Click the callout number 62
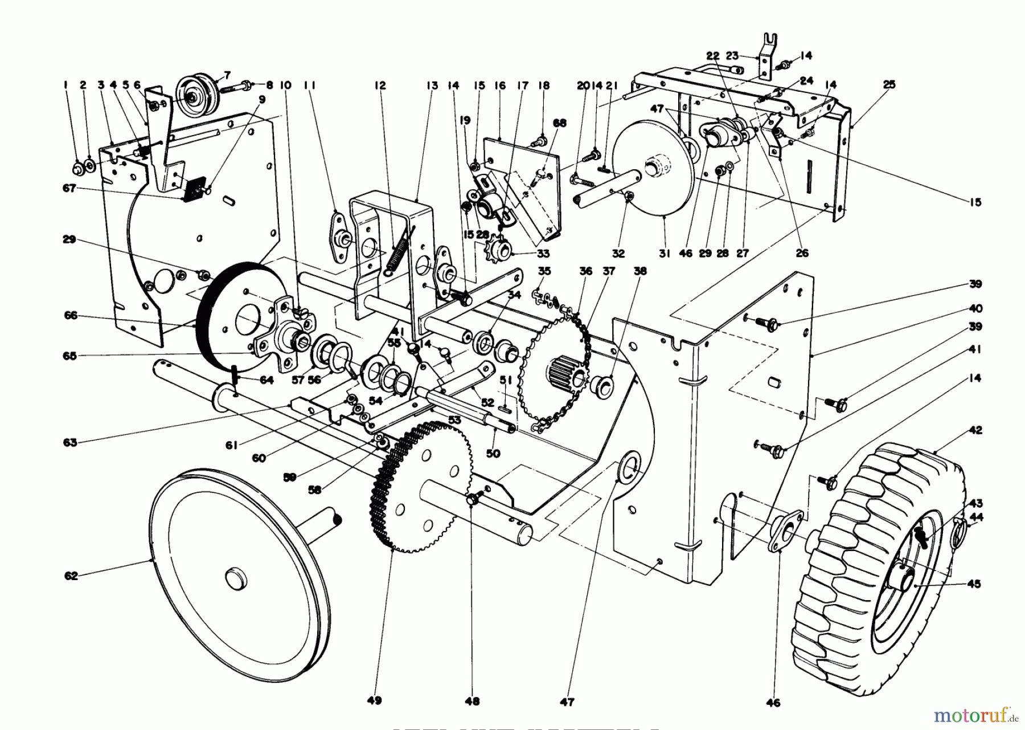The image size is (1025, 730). [x=71, y=576]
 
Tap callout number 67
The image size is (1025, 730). [x=69, y=188]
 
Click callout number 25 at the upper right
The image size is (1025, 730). [x=889, y=84]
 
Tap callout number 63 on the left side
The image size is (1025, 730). [x=70, y=442]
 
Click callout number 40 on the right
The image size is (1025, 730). [x=975, y=309]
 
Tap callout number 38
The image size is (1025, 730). [x=640, y=272]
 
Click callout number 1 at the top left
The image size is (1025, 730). [x=66, y=85]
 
